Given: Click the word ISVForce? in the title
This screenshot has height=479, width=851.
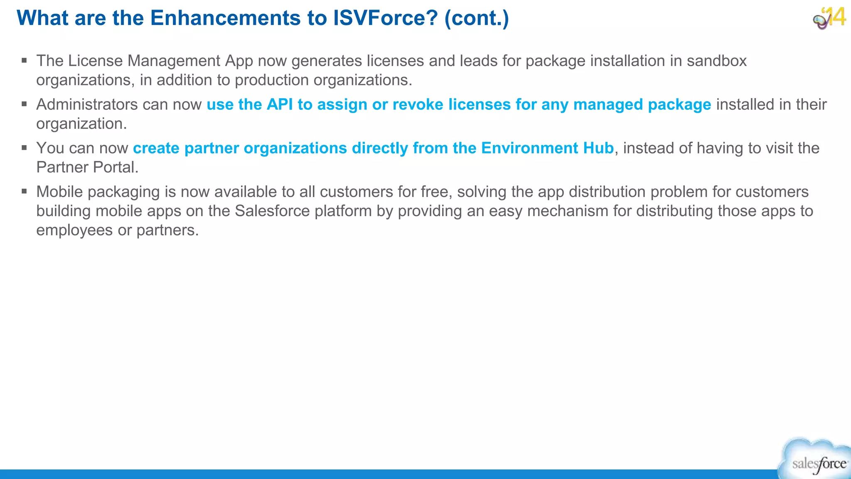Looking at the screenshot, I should (x=385, y=18).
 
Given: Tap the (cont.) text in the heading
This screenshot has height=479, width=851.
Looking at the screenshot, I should (x=477, y=18).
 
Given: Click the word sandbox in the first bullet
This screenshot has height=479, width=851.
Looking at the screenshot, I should (x=716, y=61).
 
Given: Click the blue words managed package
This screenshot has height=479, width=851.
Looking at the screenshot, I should (x=642, y=104).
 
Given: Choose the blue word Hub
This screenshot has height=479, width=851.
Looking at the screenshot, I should (x=598, y=148).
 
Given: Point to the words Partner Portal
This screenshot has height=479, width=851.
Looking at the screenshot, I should (x=87, y=167).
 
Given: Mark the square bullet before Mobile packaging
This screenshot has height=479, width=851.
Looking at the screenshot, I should (x=25, y=192).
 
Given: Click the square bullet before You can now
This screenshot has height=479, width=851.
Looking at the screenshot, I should (x=25, y=148).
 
